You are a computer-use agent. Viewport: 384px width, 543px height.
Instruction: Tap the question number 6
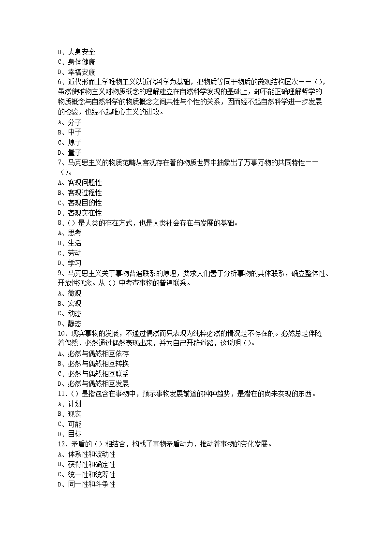(x=59, y=82)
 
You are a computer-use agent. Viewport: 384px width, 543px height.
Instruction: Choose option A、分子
(x=70, y=122)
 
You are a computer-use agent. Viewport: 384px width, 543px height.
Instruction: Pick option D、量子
(x=70, y=153)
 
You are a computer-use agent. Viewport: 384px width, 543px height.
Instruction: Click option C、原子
(x=70, y=143)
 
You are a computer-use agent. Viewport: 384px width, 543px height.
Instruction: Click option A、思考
(x=70, y=233)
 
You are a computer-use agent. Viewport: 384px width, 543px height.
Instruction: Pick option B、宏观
(x=70, y=304)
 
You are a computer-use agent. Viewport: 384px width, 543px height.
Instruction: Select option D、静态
(x=70, y=323)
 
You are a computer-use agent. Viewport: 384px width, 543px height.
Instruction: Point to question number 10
(x=61, y=334)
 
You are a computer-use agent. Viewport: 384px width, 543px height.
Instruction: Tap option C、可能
(x=70, y=424)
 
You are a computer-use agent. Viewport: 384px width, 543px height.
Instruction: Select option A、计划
(x=70, y=404)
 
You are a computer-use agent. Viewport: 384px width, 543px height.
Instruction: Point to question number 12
(x=61, y=444)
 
